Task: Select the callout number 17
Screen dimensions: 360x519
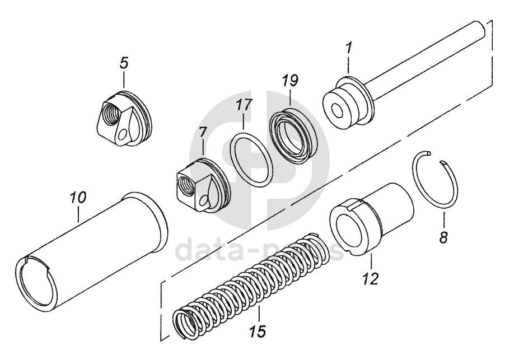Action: [244, 105]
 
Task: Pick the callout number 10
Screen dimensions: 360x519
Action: [78, 198]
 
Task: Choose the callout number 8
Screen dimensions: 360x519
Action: [443, 237]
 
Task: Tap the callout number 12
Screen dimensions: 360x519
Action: [371, 277]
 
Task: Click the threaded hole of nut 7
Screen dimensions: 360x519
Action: [185, 184]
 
